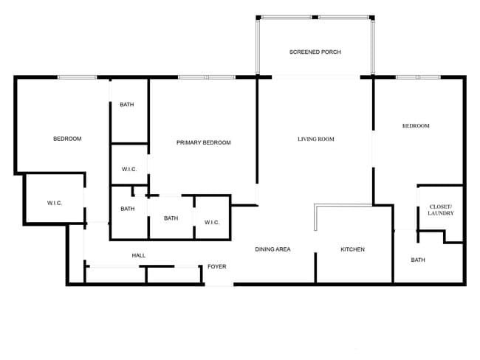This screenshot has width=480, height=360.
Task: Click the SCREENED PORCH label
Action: coord(315,52)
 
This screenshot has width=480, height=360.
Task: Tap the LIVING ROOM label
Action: coord(316,139)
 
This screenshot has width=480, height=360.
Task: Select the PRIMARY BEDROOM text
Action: coord(204,142)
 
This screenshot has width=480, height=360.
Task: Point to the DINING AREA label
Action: coord(272,249)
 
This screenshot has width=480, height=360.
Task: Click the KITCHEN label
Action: coord(352,249)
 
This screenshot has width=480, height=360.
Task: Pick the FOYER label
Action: coord(216,266)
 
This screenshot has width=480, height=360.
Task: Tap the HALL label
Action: coord(139,255)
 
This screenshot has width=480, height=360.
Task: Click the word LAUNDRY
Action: coord(441,213)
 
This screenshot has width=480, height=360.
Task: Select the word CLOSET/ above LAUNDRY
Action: coord(441,206)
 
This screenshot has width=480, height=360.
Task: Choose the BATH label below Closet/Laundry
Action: coord(418,260)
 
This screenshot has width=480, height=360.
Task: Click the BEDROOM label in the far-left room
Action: coord(67,139)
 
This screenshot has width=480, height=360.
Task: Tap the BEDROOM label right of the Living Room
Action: coord(416,125)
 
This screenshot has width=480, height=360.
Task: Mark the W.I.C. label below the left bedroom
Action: coord(54,203)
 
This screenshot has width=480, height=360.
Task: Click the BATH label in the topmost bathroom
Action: coord(127,104)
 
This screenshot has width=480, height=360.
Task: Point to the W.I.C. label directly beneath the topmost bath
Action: coord(129,170)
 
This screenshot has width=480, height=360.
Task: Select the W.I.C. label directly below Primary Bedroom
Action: coord(212,222)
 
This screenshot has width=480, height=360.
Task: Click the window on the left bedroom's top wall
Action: coord(78,77)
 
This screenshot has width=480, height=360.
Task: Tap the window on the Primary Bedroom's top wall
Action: coord(206,77)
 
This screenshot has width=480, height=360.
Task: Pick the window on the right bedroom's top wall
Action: coord(418,77)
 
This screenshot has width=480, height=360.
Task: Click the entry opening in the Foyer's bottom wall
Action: coord(219,284)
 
